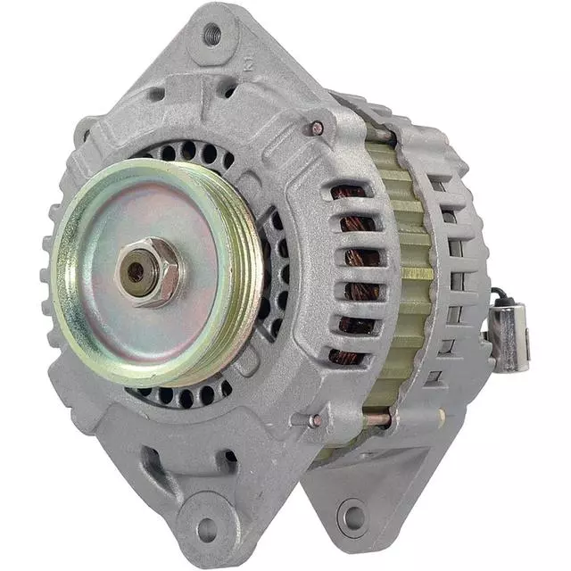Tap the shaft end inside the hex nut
click(x=136, y=271)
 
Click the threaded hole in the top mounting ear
click(x=211, y=36)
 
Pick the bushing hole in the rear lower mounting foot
click(x=352, y=515)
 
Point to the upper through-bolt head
click(x=317, y=128)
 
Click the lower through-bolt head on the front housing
click(x=317, y=420)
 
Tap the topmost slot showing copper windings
click(x=349, y=192)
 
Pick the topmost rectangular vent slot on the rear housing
click(x=437, y=183)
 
